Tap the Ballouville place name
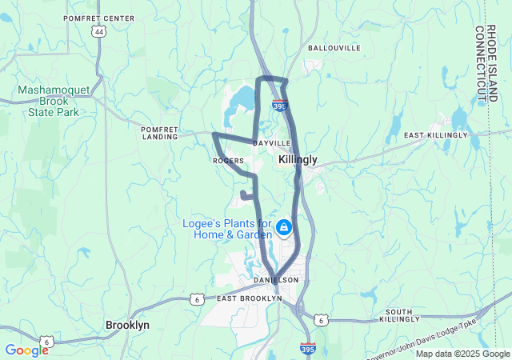(x=334, y=48)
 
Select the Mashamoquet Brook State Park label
(x=48, y=102)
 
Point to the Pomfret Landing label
(x=158, y=132)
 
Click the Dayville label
(x=272, y=142)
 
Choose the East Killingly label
(x=435, y=135)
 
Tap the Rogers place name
(x=228, y=161)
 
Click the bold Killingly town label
(x=298, y=160)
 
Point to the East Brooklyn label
(x=250, y=298)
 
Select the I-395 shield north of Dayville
(x=279, y=105)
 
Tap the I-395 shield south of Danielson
(x=308, y=348)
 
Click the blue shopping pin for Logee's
(x=283, y=228)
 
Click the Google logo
(x=26, y=350)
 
